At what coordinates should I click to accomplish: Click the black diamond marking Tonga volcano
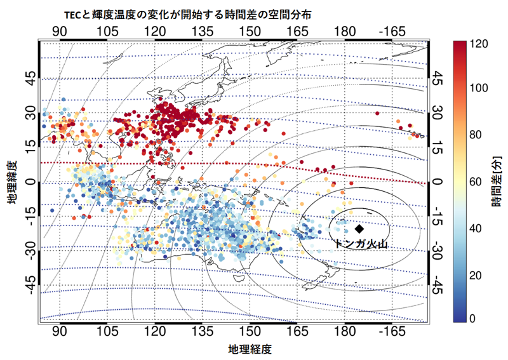pyautogui.click(x=359, y=229)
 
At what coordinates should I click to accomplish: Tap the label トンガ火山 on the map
pyautogui.click(x=360, y=243)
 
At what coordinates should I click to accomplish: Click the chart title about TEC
pyautogui.click(x=187, y=15)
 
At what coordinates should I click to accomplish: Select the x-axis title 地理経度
pyautogui.click(x=250, y=349)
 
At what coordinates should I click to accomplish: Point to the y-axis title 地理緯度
pyautogui.click(x=13, y=182)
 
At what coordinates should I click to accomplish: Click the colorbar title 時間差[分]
pyautogui.click(x=497, y=181)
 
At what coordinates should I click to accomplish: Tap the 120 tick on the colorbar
pyautogui.click(x=479, y=44)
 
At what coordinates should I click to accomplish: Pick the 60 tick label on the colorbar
pyautogui.click(x=475, y=182)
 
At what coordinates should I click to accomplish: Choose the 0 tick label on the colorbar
pyautogui.click(x=472, y=319)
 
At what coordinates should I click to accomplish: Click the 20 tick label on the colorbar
pyautogui.click(x=475, y=276)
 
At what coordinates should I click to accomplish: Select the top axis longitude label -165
pyautogui.click(x=392, y=32)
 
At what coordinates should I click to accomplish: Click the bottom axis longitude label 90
pyautogui.click(x=60, y=331)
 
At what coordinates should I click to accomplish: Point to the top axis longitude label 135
pyautogui.click(x=203, y=32)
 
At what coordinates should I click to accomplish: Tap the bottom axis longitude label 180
pyautogui.click(x=345, y=331)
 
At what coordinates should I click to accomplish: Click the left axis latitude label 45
pyautogui.click(x=32, y=79)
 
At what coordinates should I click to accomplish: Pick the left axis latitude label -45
pyautogui.click(x=32, y=284)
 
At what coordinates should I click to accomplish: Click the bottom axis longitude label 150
pyautogui.click(x=250, y=331)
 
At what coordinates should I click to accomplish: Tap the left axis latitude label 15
pyautogui.click(x=32, y=147)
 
